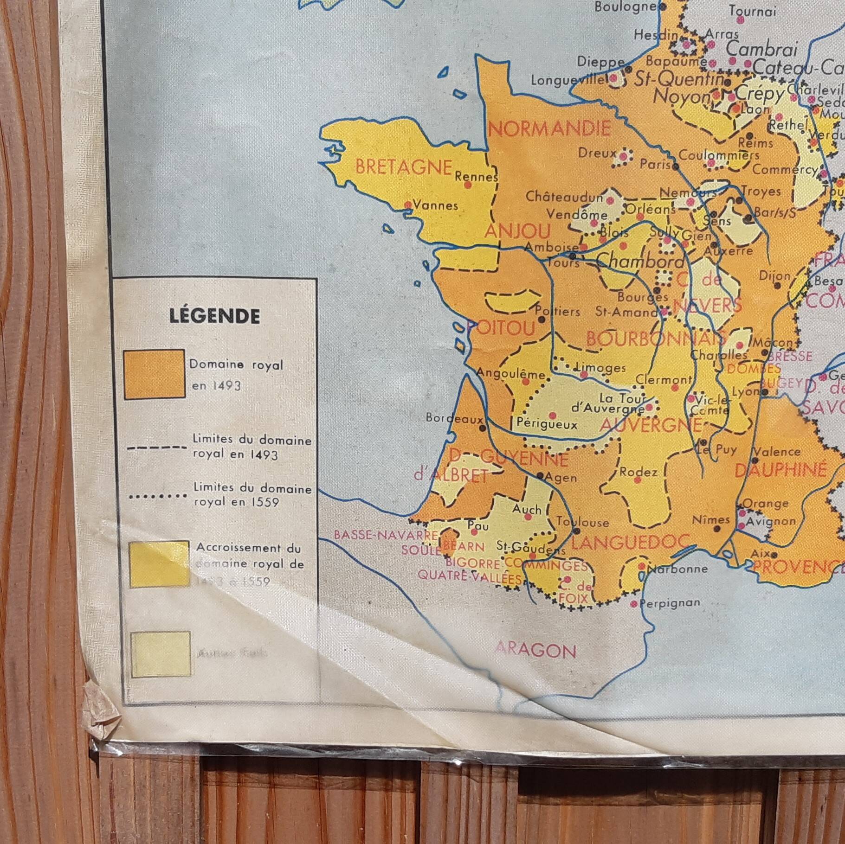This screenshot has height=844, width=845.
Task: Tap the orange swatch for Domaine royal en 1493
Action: (154, 374)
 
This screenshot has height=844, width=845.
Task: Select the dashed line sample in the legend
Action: (156, 448)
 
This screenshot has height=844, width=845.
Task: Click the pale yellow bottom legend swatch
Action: (160, 654)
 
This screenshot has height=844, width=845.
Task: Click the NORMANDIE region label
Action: (549, 128)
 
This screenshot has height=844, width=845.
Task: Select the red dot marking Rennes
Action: (468, 185)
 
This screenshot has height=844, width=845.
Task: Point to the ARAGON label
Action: (535, 651)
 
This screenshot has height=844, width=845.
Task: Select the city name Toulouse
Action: (582, 522)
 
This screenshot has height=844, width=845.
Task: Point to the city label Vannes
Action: (435, 205)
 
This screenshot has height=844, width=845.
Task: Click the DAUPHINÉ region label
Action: (780, 470)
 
